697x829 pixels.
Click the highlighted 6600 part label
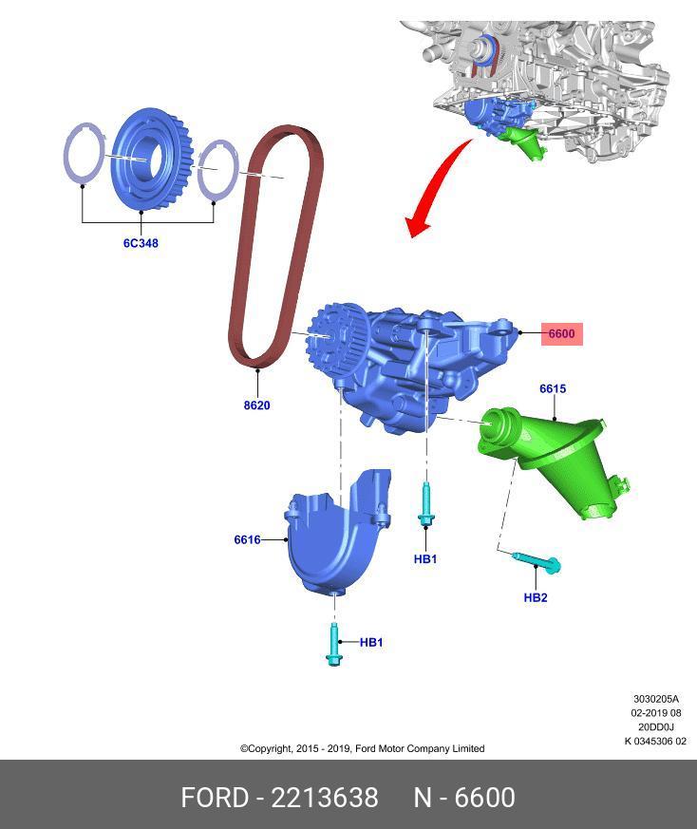point(561,333)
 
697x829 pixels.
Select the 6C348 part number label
point(141,243)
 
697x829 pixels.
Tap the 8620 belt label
point(256,405)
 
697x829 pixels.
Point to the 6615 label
point(553,388)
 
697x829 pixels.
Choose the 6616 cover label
point(247,539)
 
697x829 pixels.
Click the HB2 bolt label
point(536,597)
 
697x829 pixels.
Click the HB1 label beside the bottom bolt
point(371,642)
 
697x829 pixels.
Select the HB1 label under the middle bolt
point(425,559)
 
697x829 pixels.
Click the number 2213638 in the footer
point(325,798)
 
